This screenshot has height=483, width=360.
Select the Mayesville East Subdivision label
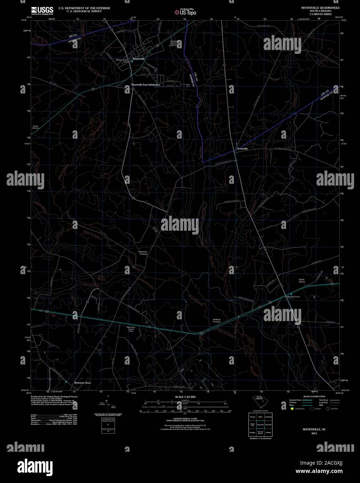coord(146,85)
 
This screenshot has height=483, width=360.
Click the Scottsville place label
coord(242,149)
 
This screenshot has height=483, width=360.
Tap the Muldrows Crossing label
coord(143,253)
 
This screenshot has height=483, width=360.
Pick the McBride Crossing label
coord(217,320)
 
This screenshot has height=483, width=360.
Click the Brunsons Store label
coord(82,383)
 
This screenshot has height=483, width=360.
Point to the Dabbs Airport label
coord(302,280)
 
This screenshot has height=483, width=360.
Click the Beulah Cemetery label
coord(36,127)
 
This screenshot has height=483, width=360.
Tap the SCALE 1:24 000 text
coord(185,397)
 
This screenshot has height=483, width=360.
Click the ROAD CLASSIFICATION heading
coord(314,396)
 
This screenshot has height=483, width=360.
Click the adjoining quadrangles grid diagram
coord(259,424)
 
